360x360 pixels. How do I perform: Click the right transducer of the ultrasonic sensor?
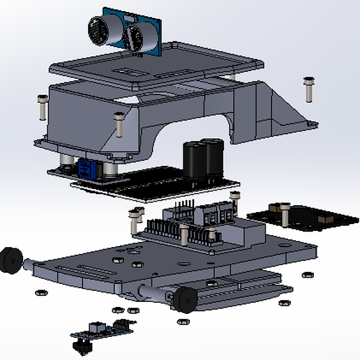[x=137, y=36]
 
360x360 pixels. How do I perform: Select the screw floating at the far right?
[x=308, y=89]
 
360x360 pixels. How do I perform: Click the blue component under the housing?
[x=87, y=167]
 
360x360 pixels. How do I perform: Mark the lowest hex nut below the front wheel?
[x=183, y=322]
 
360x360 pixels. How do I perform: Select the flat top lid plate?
[x=160, y=63]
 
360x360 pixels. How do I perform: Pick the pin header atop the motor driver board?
[x=183, y=208]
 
